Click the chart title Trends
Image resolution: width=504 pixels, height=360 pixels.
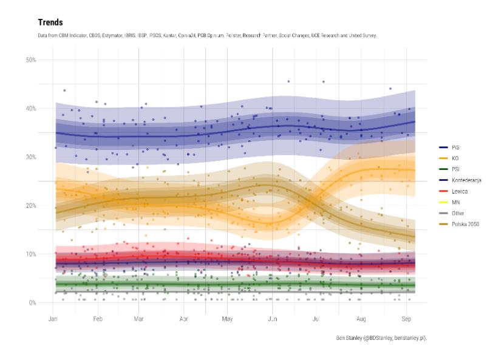coord(50,22)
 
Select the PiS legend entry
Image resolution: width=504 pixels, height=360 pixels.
coord(455,147)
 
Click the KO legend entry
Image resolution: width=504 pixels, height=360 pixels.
coord(454,158)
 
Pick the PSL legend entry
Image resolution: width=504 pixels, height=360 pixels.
coord(455,169)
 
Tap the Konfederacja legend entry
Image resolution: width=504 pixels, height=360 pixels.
coord(466,180)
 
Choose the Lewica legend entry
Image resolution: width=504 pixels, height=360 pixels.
coord(458,191)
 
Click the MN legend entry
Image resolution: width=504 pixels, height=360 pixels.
coord(455,202)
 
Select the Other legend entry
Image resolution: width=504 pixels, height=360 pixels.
coord(457,213)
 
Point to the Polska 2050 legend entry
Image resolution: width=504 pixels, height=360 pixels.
coord(465,224)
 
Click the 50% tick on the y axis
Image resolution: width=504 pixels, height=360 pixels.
coord(30,59)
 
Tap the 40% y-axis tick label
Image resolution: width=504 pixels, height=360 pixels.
coord(30,108)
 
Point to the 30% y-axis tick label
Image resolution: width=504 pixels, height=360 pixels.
coord(30,157)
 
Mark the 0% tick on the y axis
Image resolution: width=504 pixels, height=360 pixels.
coord(32,302)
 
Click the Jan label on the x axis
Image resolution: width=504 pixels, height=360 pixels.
coord(53,318)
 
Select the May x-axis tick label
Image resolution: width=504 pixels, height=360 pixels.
coord(228,318)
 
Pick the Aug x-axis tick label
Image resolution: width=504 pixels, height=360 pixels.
coord(361,318)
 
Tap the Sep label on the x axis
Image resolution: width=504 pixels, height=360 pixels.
coord(406,318)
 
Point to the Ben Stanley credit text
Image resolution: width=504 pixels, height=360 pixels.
coord(381,338)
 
